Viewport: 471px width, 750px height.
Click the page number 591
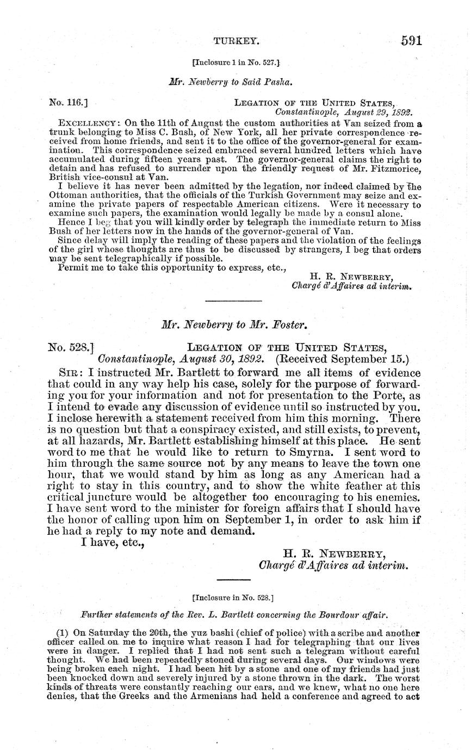point(412,41)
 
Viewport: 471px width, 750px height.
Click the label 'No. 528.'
point(71,347)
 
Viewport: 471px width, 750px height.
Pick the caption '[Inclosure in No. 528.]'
point(233,597)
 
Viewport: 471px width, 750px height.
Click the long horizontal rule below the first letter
point(234,301)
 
